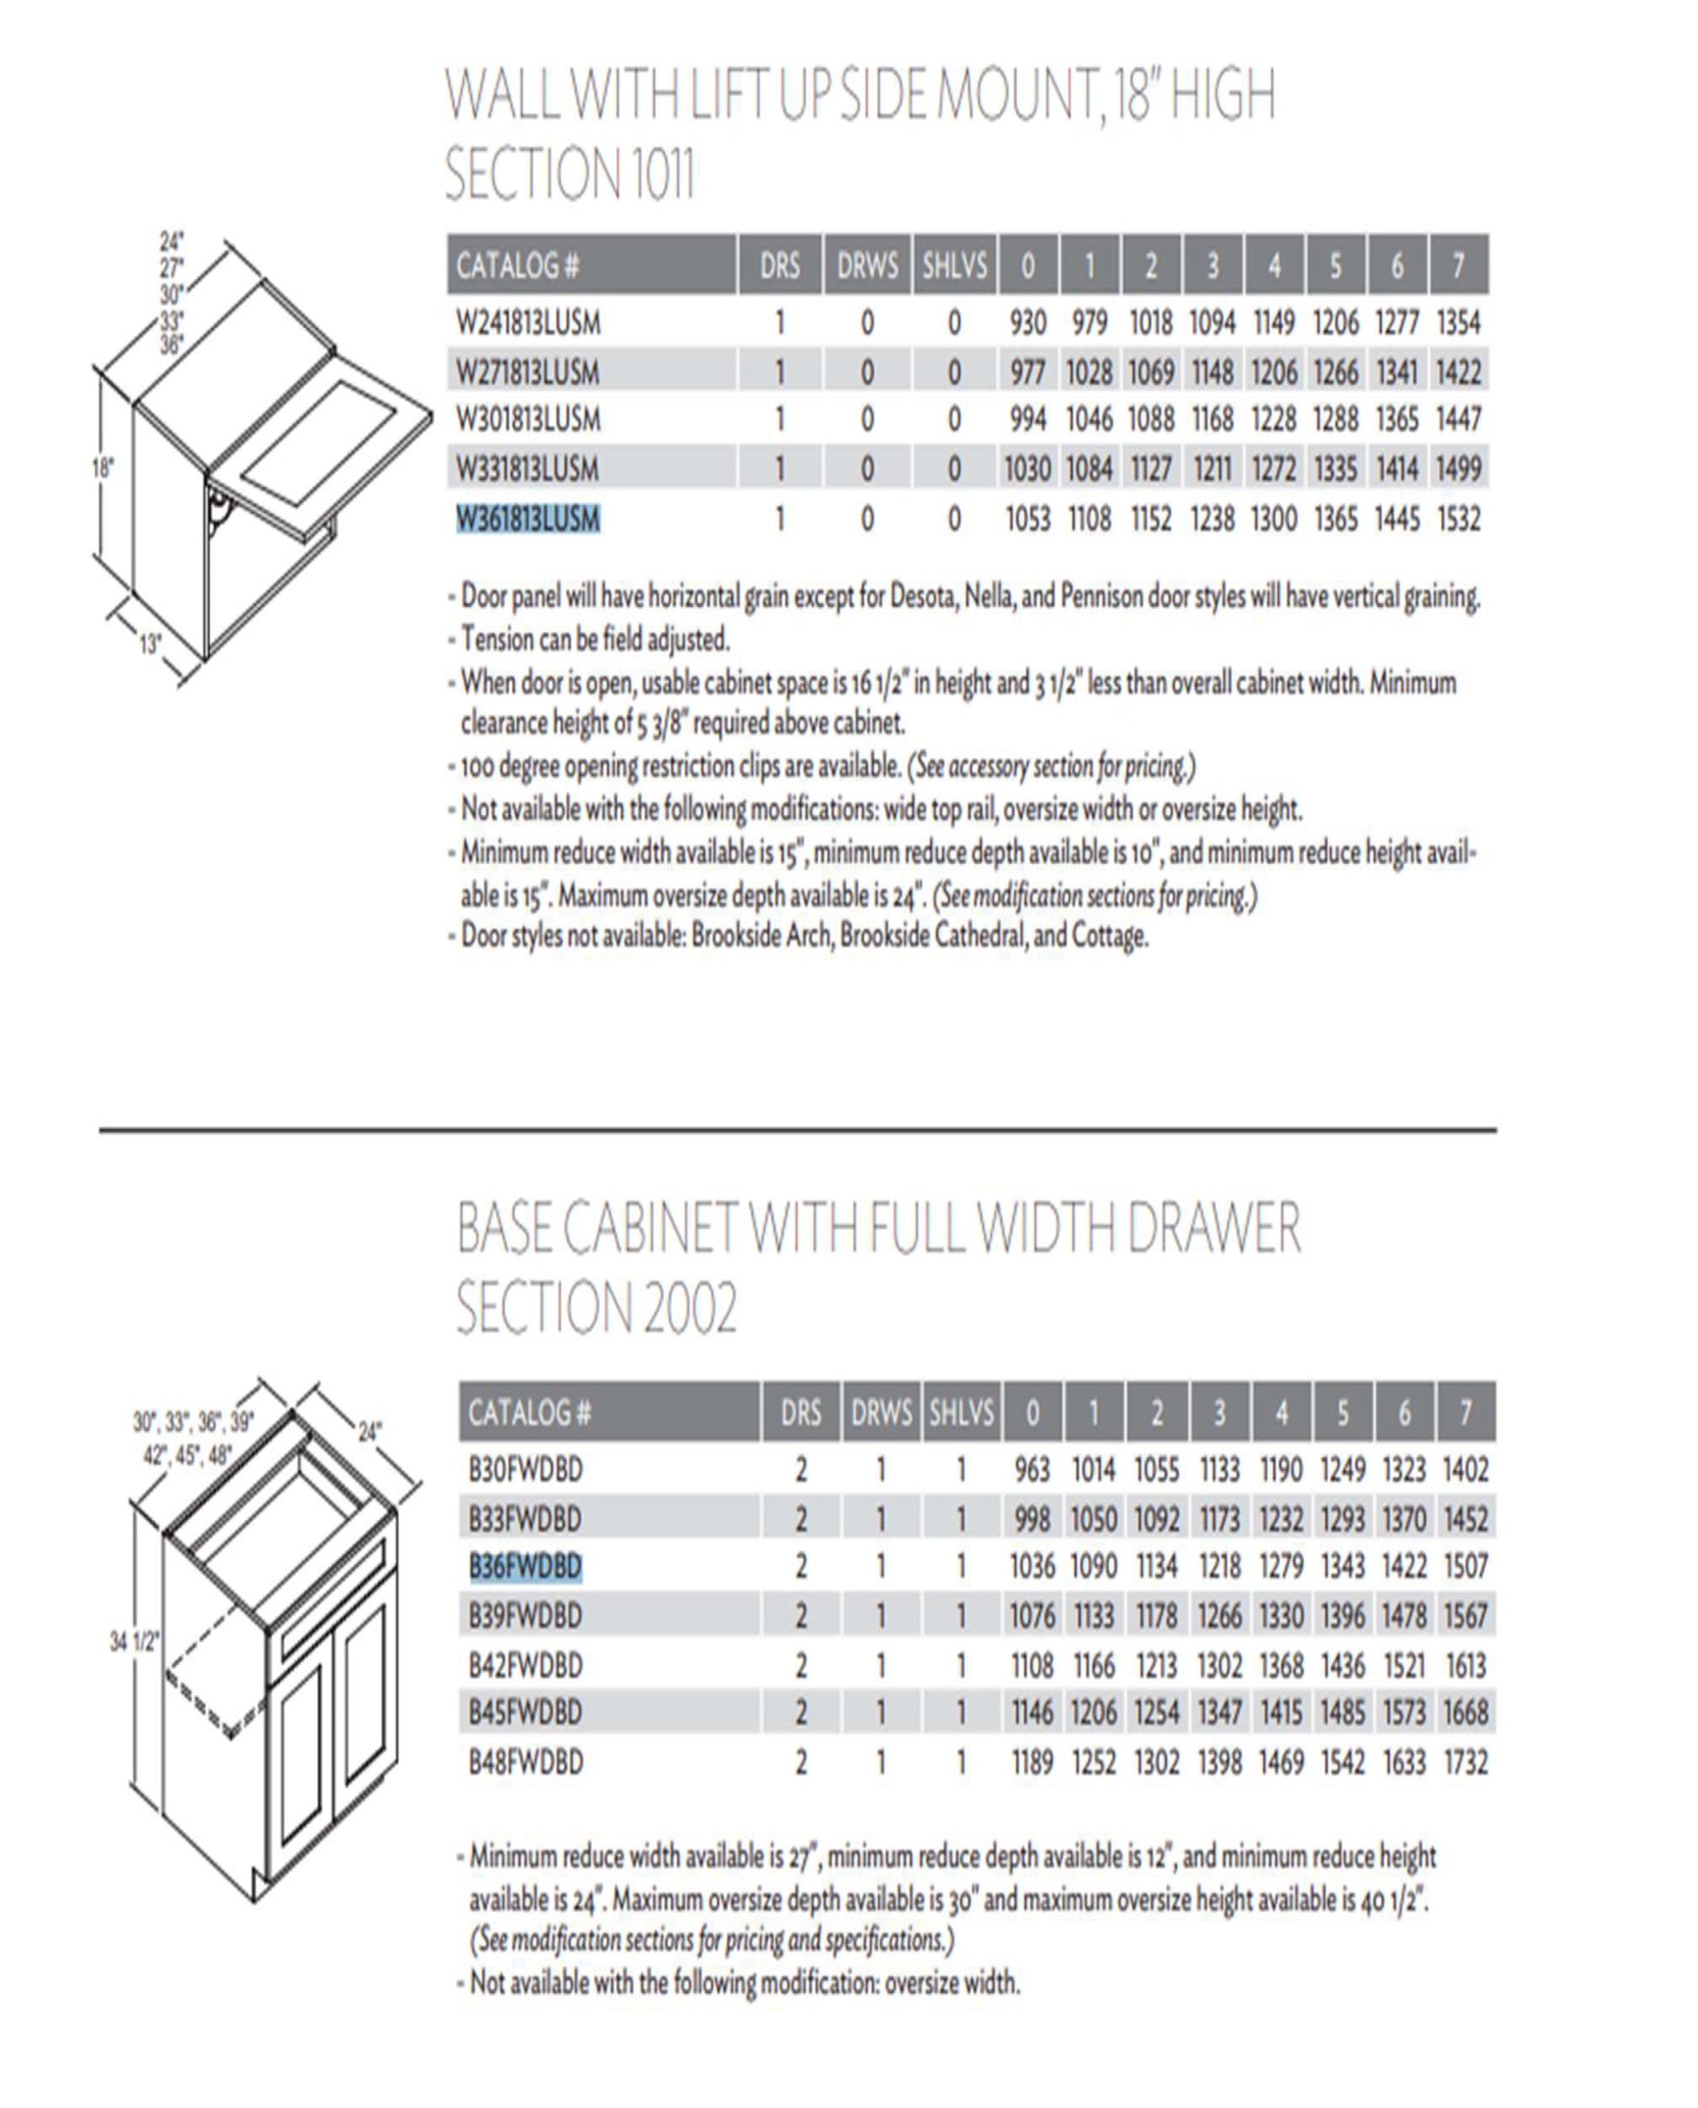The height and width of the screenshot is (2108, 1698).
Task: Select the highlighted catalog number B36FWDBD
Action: tap(525, 1566)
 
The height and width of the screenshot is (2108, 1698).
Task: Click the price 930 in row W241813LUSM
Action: tap(1027, 323)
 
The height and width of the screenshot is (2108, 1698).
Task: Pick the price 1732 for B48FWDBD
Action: tap(1465, 1762)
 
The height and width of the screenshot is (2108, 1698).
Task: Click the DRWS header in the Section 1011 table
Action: tap(866, 265)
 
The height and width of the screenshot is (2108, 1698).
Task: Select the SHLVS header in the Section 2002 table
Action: tap(961, 1412)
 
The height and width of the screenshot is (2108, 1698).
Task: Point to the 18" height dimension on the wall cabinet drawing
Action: tap(103, 468)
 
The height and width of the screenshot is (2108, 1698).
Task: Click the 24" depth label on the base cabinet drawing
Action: tap(369, 1432)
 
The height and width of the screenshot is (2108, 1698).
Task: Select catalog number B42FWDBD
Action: tap(525, 1664)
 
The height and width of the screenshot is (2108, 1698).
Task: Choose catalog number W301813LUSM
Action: tap(528, 420)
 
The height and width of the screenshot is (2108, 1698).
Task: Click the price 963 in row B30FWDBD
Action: tap(1032, 1469)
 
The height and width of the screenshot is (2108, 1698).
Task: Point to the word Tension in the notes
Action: tap(496, 640)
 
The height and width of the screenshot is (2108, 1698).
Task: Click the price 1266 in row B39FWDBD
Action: tap(1219, 1615)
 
